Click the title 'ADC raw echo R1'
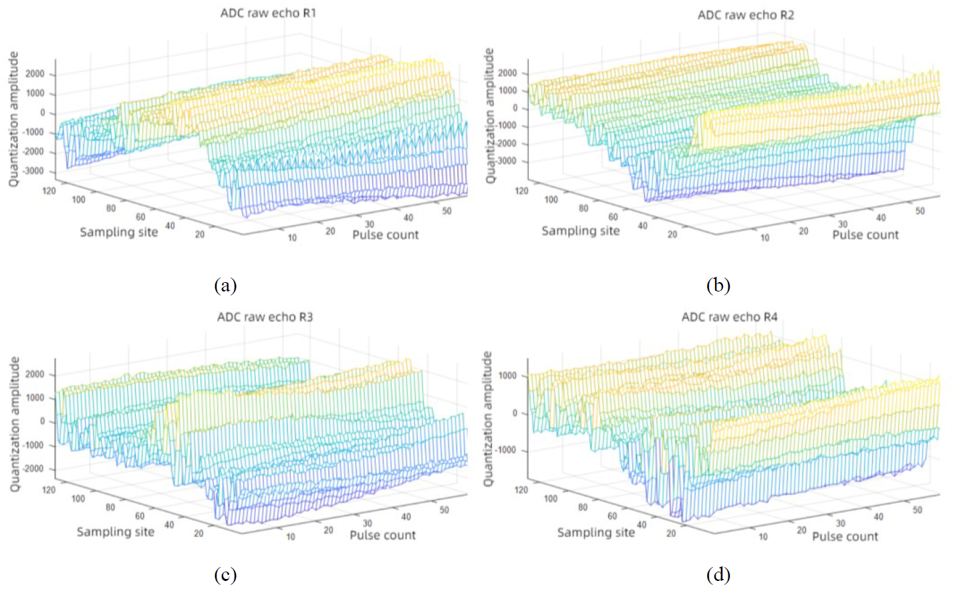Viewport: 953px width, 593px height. pos(268,13)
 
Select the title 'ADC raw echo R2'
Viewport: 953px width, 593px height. pos(746,15)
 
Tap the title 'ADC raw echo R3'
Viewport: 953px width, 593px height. pos(265,317)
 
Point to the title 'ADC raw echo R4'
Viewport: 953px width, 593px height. pos(729,317)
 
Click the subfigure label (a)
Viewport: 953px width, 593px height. pos(225,285)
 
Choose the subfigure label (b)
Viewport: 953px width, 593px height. pos(718,285)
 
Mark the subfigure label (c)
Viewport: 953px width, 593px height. pos(225,575)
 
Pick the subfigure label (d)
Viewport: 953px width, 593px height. pos(718,575)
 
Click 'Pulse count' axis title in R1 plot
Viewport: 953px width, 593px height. pos(386,235)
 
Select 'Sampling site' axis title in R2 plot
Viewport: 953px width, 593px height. pos(580,231)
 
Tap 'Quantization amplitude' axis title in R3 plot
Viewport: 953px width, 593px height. pos(15,424)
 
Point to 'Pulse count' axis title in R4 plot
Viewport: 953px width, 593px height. pos(845,536)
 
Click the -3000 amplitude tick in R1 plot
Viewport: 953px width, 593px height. pos(33,171)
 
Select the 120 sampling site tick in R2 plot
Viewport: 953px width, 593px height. pos(521,191)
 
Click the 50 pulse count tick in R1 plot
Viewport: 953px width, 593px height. pos(446,211)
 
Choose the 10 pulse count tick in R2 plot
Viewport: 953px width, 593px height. pos(765,237)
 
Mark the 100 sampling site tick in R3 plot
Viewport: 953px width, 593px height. pos(78,499)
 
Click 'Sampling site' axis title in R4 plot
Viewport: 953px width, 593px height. pos(595,532)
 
